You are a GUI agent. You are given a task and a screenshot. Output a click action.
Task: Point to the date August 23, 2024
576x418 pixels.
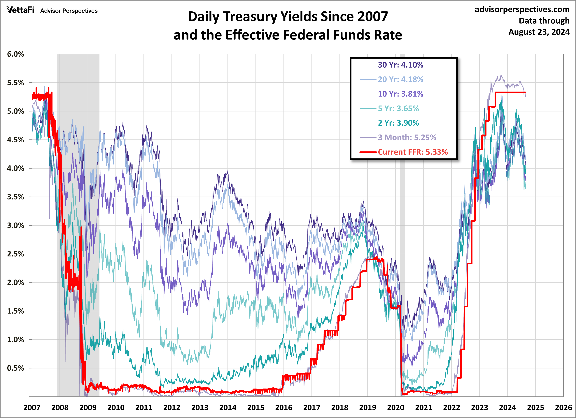click(539, 32)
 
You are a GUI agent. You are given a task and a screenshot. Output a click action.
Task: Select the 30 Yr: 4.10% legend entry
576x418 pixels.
click(400, 65)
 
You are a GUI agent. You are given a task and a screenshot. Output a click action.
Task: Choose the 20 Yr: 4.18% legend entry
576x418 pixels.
click(400, 79)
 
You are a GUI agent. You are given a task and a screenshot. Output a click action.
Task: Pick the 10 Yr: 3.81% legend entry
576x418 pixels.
click(400, 94)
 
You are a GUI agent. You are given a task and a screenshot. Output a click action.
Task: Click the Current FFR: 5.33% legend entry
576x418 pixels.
click(412, 152)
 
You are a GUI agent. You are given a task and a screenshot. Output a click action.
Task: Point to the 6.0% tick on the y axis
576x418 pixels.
click(15, 54)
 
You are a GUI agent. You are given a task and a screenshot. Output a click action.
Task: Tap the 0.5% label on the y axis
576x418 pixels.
click(15, 368)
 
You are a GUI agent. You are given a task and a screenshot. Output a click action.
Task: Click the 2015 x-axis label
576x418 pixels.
click(255, 407)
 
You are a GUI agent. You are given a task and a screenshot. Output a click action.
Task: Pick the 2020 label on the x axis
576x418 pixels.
click(395, 407)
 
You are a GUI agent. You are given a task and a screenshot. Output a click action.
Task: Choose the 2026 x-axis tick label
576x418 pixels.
click(563, 407)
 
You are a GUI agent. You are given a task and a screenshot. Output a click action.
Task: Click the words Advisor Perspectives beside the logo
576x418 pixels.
click(69, 11)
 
